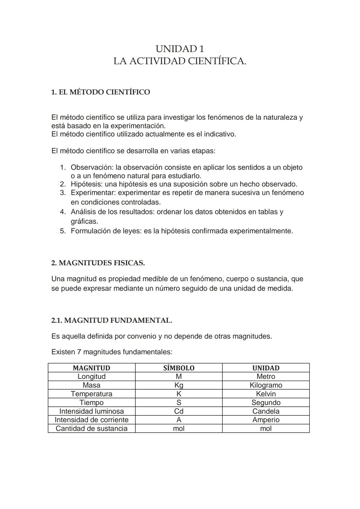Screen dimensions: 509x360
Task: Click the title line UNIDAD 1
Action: [x=180, y=49]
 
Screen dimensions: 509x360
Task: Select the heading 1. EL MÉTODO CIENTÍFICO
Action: [x=100, y=92]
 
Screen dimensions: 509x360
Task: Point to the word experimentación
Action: [x=138, y=126]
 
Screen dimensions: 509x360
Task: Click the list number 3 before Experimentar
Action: [x=63, y=193]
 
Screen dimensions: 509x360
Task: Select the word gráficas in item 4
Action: [x=84, y=221]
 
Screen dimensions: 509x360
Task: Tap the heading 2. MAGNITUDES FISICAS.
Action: [x=98, y=263]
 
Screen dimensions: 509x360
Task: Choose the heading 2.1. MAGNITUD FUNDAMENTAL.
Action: [x=112, y=320]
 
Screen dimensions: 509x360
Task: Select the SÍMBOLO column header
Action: [x=179, y=368]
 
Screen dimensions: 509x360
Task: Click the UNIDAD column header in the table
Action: [x=266, y=368]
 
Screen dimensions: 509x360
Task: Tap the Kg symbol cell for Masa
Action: [x=179, y=385]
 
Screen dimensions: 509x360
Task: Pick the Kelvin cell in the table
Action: [x=266, y=394]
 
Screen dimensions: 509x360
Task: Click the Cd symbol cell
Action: [x=179, y=411]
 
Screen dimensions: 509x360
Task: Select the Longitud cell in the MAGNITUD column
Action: [x=91, y=377]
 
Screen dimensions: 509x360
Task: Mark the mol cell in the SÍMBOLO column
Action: [x=179, y=429]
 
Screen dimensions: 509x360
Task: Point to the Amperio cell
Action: [x=266, y=420]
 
